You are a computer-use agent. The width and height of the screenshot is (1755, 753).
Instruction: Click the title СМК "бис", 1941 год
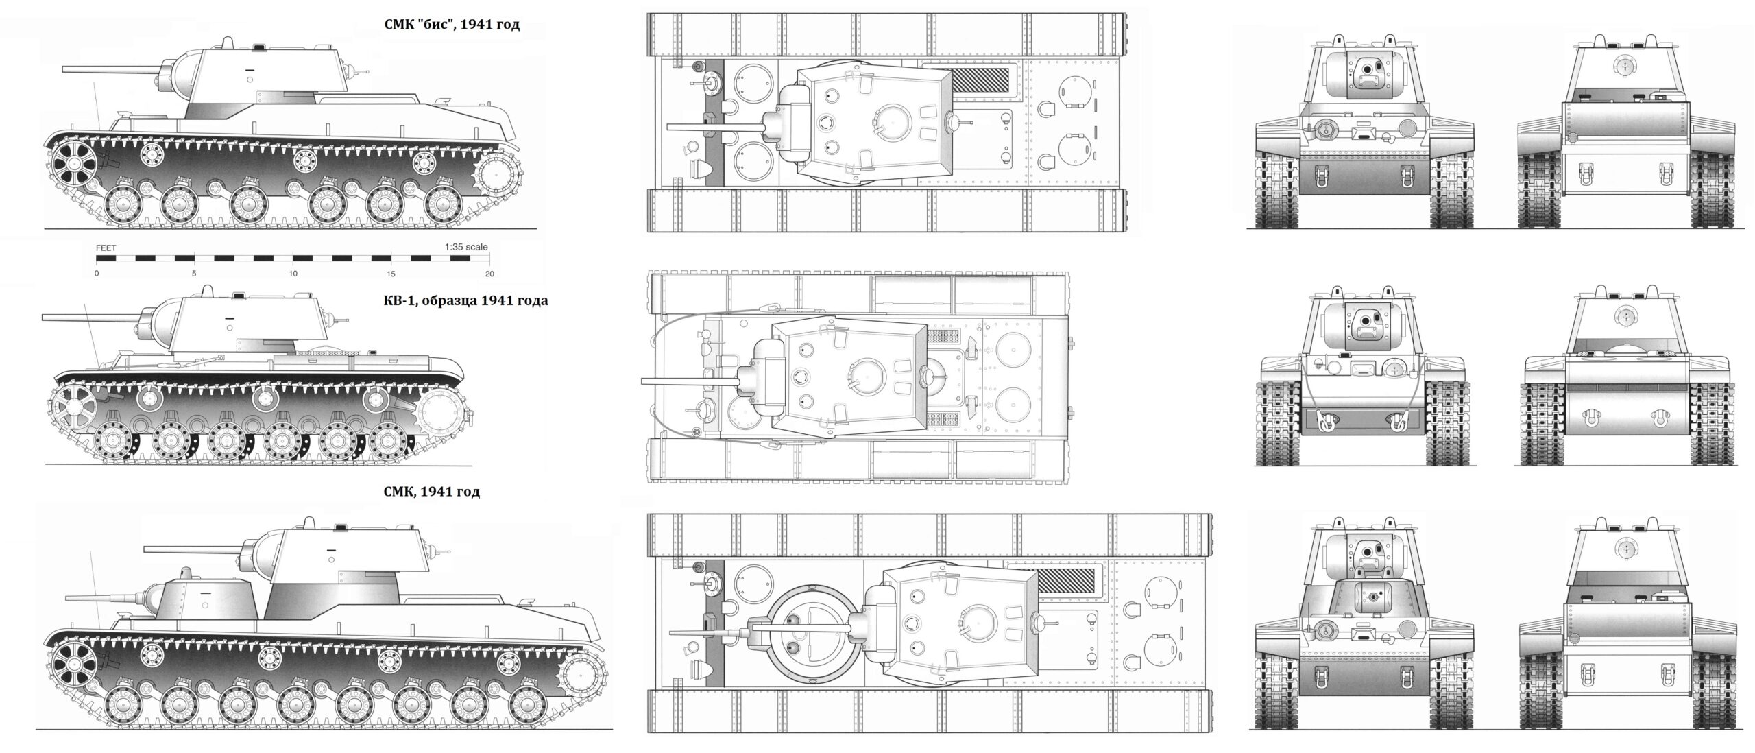[x=452, y=25]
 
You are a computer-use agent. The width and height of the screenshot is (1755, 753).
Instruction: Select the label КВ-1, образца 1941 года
[x=465, y=300]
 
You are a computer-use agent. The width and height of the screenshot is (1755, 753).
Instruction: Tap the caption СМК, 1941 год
[x=432, y=491]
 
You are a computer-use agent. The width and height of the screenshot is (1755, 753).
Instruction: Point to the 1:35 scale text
[x=466, y=247]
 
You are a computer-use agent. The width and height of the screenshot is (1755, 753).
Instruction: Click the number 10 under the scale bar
[x=293, y=274]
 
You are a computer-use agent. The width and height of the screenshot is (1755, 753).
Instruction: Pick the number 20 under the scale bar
[x=489, y=274]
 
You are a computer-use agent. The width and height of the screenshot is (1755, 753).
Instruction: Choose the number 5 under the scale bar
[x=194, y=274]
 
